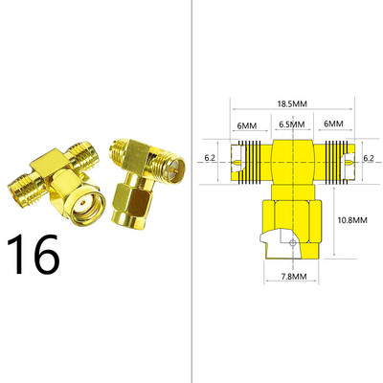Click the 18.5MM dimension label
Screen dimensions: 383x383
pos(292,104)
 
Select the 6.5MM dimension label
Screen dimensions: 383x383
pos(292,124)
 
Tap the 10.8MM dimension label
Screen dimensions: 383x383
pos(352,220)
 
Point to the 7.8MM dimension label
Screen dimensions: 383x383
pos(294,277)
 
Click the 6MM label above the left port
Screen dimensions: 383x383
pos(247,125)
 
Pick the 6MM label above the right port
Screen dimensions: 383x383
pos(333,124)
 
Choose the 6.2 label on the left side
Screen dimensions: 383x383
pos(210,158)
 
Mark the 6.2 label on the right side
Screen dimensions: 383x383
pos(369,158)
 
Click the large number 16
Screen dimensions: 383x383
pos(34,255)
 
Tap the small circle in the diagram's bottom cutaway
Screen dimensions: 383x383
pos(292,243)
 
